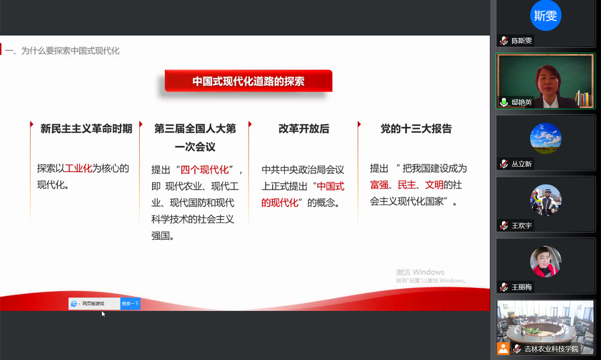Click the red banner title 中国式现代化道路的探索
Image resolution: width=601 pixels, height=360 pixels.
[248, 81]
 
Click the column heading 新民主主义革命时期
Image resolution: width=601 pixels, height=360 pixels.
[86, 129]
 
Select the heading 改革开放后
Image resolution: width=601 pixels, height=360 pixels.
[304, 129]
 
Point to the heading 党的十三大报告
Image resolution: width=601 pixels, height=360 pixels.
[416, 129]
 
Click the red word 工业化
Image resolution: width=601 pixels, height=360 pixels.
[78, 168]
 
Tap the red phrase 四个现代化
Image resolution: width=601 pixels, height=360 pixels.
[204, 170]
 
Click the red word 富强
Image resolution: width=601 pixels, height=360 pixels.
[379, 185]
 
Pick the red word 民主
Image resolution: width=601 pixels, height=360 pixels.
[407, 185]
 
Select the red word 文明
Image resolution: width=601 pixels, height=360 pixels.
[434, 185]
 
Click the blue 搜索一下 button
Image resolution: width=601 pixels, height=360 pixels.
[130, 303]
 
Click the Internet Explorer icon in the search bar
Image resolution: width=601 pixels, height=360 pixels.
[73, 303]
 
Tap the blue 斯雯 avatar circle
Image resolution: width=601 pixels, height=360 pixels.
[546, 15]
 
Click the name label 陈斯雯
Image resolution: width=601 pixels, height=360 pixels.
[522, 41]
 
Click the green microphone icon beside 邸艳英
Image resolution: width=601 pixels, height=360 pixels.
[504, 102]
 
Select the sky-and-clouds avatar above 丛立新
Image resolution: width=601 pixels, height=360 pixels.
[546, 138]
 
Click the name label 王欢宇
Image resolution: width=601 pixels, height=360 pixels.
[522, 226]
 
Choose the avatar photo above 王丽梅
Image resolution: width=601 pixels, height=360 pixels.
[546, 262]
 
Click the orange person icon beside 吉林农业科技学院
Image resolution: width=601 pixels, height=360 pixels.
[503, 349]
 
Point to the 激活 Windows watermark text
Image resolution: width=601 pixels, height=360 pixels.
[420, 272]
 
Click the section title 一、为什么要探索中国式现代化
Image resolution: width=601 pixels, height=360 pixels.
[62, 51]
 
